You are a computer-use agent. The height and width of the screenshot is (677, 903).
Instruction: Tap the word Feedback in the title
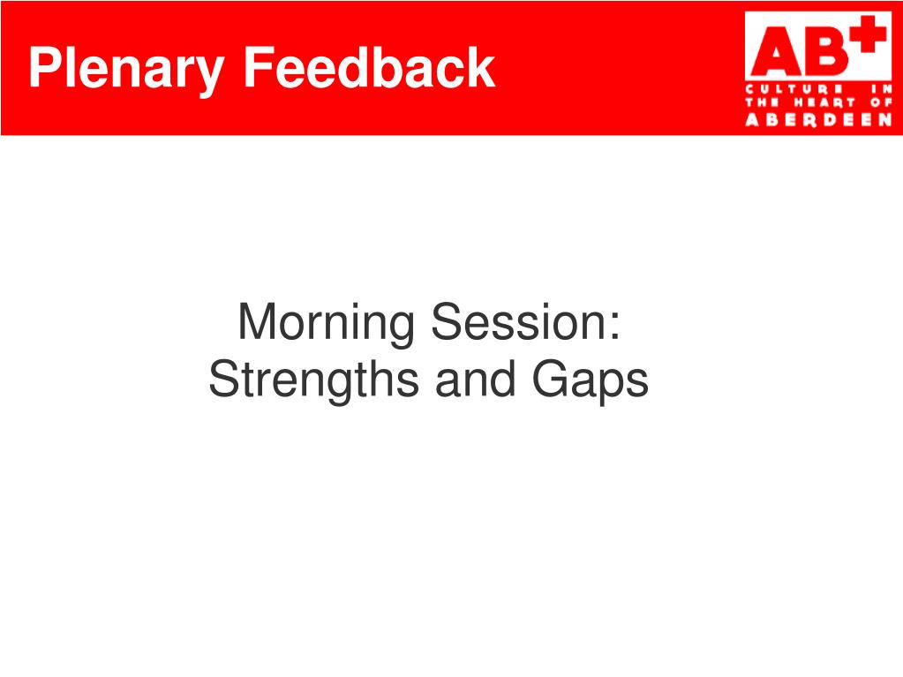pos(369,68)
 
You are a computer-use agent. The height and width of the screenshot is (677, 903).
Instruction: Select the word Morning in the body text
pos(326,325)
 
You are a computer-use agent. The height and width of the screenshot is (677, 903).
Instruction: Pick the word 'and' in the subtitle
pos(476,380)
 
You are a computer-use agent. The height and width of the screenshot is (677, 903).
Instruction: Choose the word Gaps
pos(591,381)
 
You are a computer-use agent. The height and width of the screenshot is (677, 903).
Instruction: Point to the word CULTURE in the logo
pos(794,89)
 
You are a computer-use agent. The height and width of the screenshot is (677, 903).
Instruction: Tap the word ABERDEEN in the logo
pos(818,119)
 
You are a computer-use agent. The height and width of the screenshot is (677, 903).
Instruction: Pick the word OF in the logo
pos(881,103)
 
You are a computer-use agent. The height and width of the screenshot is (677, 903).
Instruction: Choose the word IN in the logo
pos(881,89)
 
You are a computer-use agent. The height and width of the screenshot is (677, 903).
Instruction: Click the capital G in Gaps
pos(552,379)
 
